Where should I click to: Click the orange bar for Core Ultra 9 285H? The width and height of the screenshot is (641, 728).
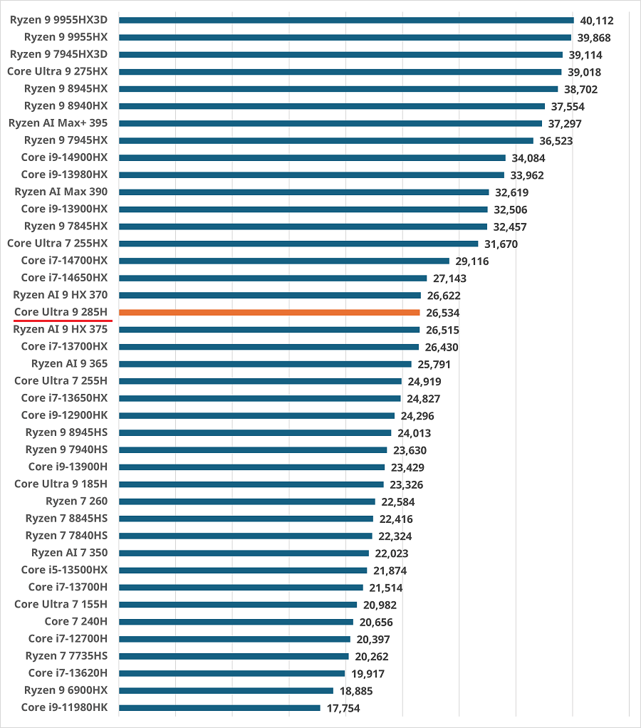click(x=269, y=312)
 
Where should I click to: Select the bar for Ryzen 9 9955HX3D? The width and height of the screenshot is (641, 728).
click(x=346, y=20)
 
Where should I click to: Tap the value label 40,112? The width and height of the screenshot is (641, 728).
click(x=596, y=21)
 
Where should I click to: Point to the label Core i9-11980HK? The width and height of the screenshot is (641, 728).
click(x=64, y=707)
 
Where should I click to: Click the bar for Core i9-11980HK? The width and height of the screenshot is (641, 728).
click(x=219, y=707)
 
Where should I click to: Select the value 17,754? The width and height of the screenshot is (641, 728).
click(x=343, y=708)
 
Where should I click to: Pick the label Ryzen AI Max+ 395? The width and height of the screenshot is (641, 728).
click(x=58, y=123)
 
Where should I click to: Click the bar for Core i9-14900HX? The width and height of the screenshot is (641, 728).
click(x=312, y=157)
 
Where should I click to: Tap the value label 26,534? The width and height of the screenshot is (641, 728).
click(x=442, y=313)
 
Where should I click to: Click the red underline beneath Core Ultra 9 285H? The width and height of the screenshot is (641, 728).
click(x=63, y=321)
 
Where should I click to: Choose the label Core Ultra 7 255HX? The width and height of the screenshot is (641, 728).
click(x=57, y=244)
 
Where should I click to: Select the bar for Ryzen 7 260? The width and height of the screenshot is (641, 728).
click(x=247, y=501)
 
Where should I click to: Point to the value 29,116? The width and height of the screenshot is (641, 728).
click(x=472, y=261)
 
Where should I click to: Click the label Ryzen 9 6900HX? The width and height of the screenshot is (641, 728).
click(x=66, y=690)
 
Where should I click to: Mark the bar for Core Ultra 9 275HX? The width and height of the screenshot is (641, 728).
click(x=340, y=71)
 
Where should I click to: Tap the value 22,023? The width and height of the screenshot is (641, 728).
click(x=392, y=553)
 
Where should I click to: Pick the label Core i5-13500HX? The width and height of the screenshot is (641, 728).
click(x=64, y=570)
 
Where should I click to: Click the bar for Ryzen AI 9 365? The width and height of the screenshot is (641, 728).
click(x=265, y=364)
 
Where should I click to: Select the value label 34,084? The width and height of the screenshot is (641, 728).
click(x=528, y=158)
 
